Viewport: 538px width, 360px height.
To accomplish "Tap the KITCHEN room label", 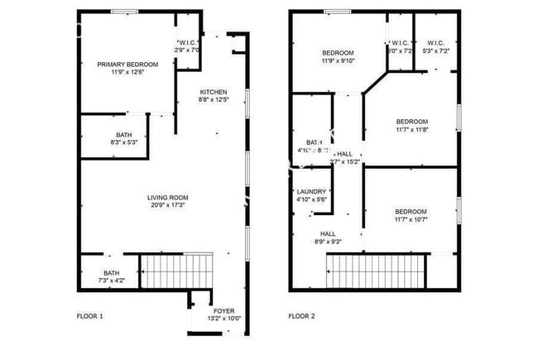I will tap(213, 92).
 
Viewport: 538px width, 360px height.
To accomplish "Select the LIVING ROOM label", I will tap(167, 197).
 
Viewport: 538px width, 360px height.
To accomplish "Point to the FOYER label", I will tap(223, 310).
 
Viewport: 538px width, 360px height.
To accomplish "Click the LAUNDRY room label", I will tap(312, 191).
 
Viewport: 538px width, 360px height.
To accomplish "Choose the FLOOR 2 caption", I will tap(301, 316).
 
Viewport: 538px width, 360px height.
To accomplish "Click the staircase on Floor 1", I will tap(176, 271).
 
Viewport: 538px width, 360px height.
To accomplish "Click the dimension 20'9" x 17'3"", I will tap(167, 205).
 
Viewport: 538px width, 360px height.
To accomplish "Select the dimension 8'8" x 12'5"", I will tap(213, 100).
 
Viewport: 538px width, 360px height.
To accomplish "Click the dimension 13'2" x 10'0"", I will tap(223, 319).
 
